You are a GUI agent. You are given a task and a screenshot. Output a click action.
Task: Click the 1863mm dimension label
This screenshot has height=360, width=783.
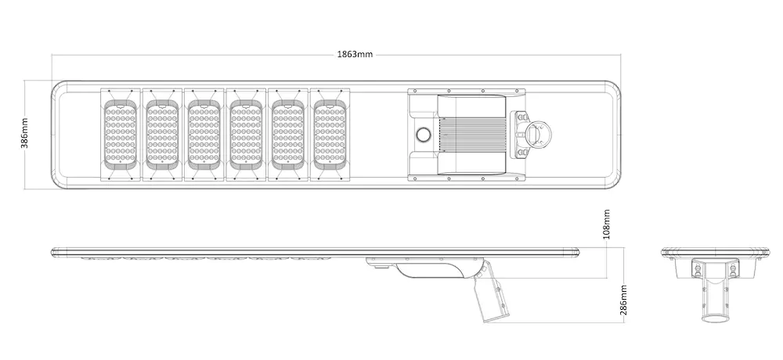click(x=355, y=55)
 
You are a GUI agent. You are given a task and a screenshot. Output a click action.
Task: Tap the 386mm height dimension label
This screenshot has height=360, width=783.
click(x=24, y=134)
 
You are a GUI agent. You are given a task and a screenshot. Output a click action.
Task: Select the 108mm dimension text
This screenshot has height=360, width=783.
click(x=607, y=225)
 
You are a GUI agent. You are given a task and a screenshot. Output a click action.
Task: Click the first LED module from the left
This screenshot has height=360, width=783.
click(x=120, y=135)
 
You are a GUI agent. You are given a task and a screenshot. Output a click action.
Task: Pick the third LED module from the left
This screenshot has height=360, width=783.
click(x=204, y=135)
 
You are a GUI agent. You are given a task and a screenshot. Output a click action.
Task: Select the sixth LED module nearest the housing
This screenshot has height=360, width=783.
click(x=330, y=135)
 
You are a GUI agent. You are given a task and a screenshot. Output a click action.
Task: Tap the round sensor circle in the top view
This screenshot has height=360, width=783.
click(x=424, y=135)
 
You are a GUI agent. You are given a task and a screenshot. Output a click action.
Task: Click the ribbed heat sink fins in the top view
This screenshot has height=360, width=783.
click(x=472, y=135)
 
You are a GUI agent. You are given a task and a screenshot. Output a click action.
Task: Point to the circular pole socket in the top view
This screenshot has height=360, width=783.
click(x=537, y=135)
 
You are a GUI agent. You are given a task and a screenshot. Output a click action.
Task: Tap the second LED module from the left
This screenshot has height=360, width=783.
click(x=162, y=135)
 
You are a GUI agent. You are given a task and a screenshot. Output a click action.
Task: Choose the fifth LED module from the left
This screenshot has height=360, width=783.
click(x=287, y=135)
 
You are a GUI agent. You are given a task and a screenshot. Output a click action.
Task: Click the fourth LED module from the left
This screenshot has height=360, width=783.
click(x=246, y=135)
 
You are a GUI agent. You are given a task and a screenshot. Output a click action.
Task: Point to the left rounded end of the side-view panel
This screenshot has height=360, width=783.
click(x=53, y=252)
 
